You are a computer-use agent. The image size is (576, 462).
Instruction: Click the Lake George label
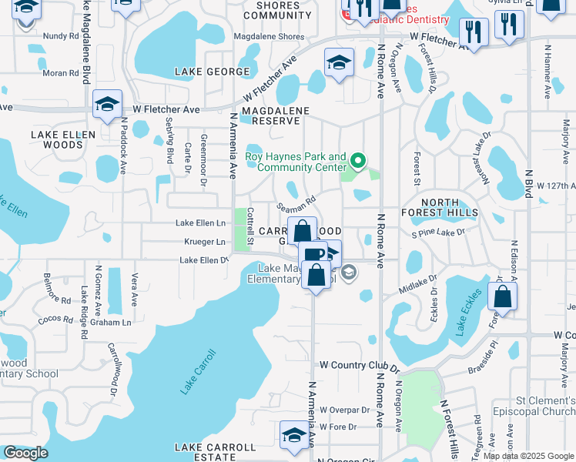tap(212, 72)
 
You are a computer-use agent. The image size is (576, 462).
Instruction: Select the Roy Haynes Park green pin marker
tap(357, 161)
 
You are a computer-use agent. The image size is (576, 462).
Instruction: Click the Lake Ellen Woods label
tap(63, 139)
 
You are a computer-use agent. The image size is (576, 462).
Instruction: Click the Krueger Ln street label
tap(205, 242)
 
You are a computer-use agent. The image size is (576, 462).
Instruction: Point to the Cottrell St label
tap(250, 228)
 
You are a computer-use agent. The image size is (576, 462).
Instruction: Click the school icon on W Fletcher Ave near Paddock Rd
tap(107, 104)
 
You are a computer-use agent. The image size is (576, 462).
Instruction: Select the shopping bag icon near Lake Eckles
tap(502, 296)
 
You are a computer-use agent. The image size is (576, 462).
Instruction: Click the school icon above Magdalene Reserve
tap(339, 62)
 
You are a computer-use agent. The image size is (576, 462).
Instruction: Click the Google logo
tap(26, 453)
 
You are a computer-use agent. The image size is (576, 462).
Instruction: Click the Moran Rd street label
tap(62, 73)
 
